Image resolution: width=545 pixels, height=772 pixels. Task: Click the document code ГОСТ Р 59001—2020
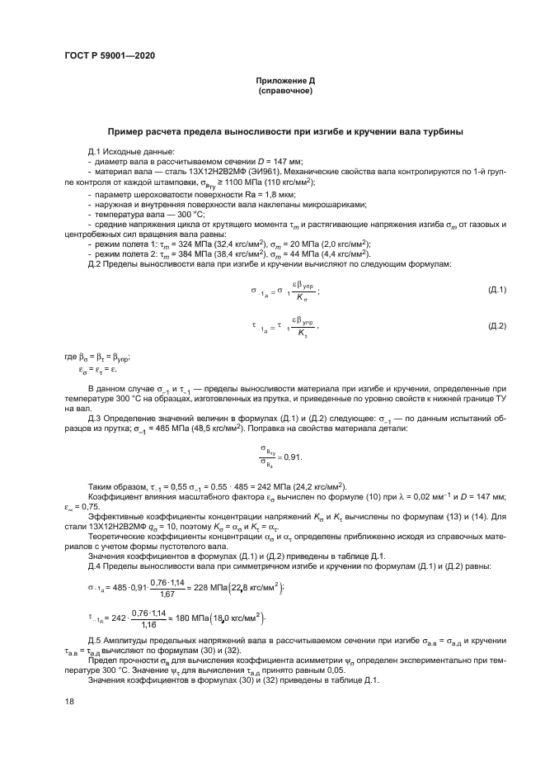click(x=109, y=56)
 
